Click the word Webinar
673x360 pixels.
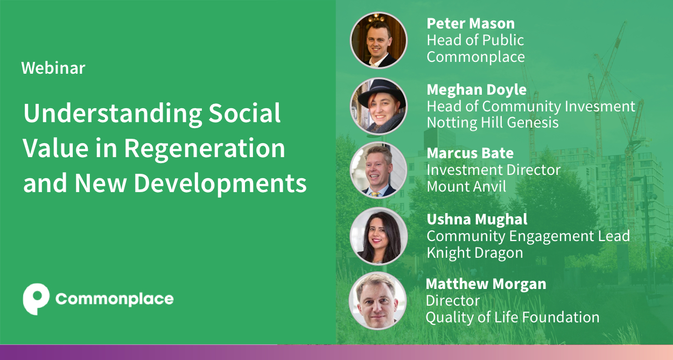pyautogui.click(x=53, y=68)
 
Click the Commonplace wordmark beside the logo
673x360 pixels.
pyautogui.click(x=114, y=299)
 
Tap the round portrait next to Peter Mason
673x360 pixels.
pyautogui.click(x=378, y=40)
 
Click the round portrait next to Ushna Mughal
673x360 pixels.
pyautogui.click(x=378, y=236)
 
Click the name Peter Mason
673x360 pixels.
pyautogui.click(x=471, y=24)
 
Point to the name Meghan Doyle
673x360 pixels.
pyautogui.click(x=476, y=89)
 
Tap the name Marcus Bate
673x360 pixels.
pyautogui.click(x=470, y=153)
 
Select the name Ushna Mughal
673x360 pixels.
pyautogui.click(x=477, y=220)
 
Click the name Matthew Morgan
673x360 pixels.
pyautogui.click(x=486, y=284)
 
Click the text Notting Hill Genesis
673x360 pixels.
pyautogui.click(x=493, y=123)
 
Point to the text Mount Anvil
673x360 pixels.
pyautogui.click(x=467, y=187)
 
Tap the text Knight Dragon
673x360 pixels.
pyautogui.click(x=475, y=253)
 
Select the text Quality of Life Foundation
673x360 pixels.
pyautogui.click(x=513, y=317)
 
